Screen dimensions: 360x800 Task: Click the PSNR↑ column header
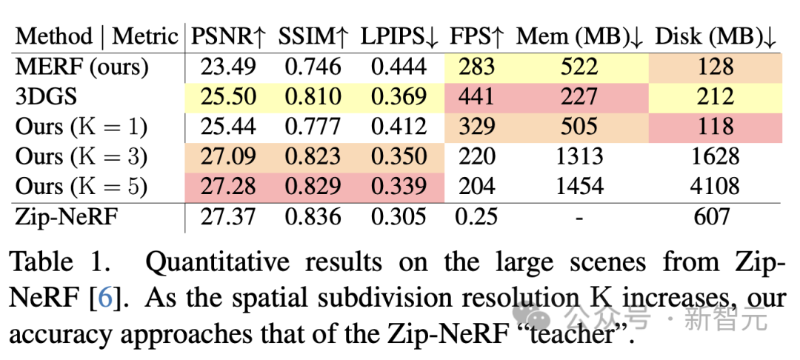point(228,36)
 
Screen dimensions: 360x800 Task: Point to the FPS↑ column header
point(478,36)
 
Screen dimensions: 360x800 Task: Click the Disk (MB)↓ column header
point(716,36)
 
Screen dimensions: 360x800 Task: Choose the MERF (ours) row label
point(81,67)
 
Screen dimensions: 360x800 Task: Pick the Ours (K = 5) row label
point(81,186)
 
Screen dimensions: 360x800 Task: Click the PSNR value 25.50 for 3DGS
point(228,96)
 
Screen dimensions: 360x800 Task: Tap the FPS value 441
point(476,96)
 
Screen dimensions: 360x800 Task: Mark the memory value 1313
point(579,156)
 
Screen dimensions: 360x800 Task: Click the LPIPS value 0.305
point(399,216)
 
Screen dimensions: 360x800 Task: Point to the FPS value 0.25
point(474,216)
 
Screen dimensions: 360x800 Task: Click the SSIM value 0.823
point(313,156)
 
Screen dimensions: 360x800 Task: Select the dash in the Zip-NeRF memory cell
point(579,216)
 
